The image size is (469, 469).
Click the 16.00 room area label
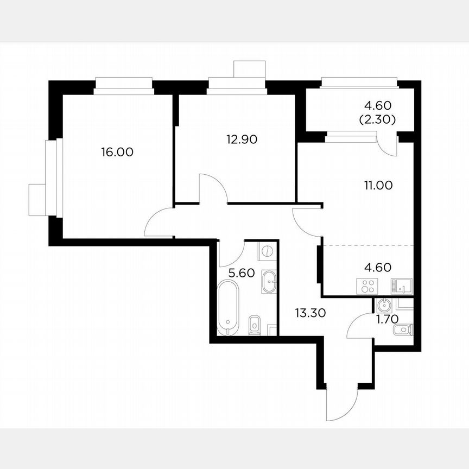(117, 153)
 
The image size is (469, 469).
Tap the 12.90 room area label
(242, 139)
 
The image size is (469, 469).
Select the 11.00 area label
(378, 185)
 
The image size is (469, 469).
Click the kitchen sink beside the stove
(402, 285)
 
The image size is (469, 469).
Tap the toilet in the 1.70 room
(404, 330)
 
